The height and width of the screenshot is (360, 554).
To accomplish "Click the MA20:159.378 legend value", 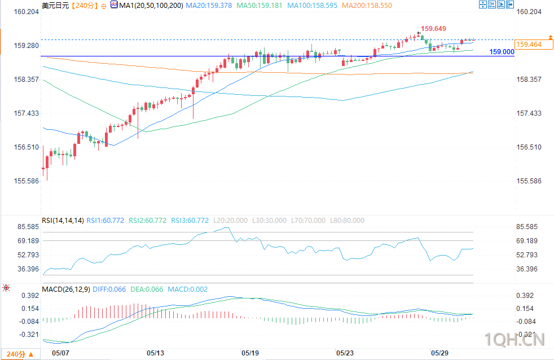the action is [x=209, y=6].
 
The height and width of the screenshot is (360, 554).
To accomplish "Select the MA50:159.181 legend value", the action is [x=260, y=6].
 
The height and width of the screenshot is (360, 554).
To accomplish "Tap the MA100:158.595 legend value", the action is [x=313, y=6].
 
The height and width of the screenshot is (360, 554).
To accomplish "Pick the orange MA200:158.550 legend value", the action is [x=367, y=6].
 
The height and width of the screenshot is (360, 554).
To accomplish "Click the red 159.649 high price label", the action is [x=433, y=29].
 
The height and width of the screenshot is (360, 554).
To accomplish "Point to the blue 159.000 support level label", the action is [x=502, y=52].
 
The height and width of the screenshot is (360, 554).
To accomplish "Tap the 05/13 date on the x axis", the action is [x=156, y=353].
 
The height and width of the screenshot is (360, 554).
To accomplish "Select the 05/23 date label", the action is [x=345, y=353].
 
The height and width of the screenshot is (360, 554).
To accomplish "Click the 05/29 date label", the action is [x=439, y=353].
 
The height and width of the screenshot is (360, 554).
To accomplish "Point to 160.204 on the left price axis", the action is [x=26, y=12].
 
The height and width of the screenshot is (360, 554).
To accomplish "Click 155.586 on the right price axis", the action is [x=529, y=181].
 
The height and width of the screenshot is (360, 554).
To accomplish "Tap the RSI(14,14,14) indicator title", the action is [x=63, y=221].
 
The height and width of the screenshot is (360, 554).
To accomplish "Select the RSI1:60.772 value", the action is [x=105, y=221].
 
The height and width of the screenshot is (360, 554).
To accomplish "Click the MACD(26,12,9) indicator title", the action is [x=65, y=289].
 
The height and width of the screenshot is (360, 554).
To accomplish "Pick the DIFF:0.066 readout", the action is [x=109, y=289].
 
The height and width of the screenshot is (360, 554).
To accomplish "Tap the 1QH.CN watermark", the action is [x=514, y=340].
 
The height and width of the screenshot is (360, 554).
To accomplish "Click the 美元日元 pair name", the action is [x=55, y=6].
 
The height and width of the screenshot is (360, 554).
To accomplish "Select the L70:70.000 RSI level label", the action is [x=308, y=221].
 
